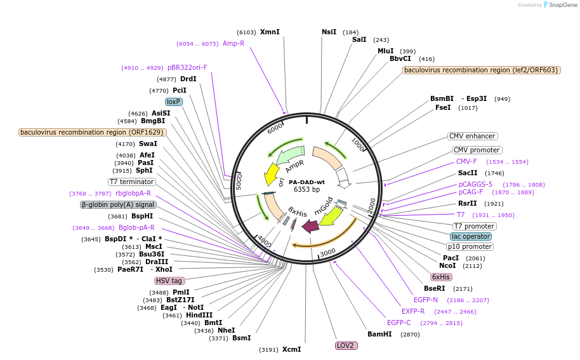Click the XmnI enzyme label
(x=270, y=32)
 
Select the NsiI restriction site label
(x=329, y=32)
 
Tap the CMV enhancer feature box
(x=472, y=136)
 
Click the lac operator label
(x=471, y=236)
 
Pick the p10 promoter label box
(x=470, y=246)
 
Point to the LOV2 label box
(x=346, y=345)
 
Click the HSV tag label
(x=169, y=281)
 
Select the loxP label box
(x=174, y=102)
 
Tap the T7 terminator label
(x=131, y=182)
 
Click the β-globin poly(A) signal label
(x=118, y=204)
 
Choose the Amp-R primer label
(x=234, y=44)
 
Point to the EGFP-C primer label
(x=399, y=323)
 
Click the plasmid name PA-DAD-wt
(x=306, y=182)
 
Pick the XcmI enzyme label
(x=292, y=349)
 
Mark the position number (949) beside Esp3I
(x=503, y=99)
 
